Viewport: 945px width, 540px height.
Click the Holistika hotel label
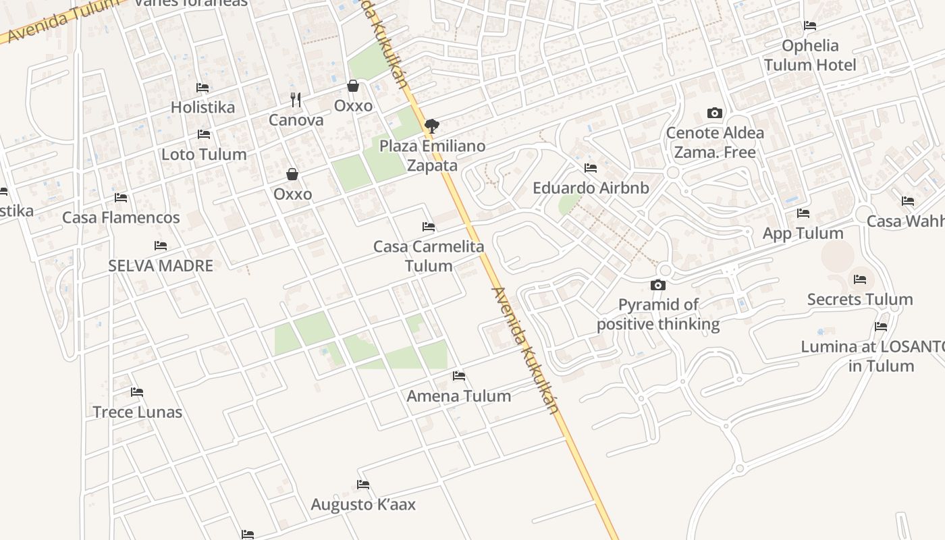coord(202,107)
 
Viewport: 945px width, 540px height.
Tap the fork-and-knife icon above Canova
coord(295,100)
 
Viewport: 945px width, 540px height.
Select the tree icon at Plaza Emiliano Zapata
coord(431,126)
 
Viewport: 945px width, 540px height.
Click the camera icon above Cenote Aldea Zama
coord(714,113)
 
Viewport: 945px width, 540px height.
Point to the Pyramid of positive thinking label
coord(658,315)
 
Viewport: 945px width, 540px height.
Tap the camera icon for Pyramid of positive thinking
coord(658,286)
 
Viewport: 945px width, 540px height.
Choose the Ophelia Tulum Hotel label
coord(810,55)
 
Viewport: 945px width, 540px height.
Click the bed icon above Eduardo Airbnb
coord(591,168)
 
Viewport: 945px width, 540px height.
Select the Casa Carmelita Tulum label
coord(429,256)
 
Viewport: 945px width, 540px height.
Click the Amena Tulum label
coord(459,396)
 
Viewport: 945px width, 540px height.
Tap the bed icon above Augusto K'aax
coord(363,485)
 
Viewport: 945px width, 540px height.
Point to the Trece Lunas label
coord(137,412)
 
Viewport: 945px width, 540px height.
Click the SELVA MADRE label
coord(161,266)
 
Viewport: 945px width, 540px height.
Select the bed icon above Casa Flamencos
coord(121,198)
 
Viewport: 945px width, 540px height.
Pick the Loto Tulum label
coord(204,155)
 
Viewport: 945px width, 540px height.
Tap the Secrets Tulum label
coord(860,300)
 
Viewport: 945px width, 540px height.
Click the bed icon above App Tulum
coord(803,213)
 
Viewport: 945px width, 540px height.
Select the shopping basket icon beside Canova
coord(352,86)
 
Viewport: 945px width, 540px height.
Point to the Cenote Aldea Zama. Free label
coord(715,142)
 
